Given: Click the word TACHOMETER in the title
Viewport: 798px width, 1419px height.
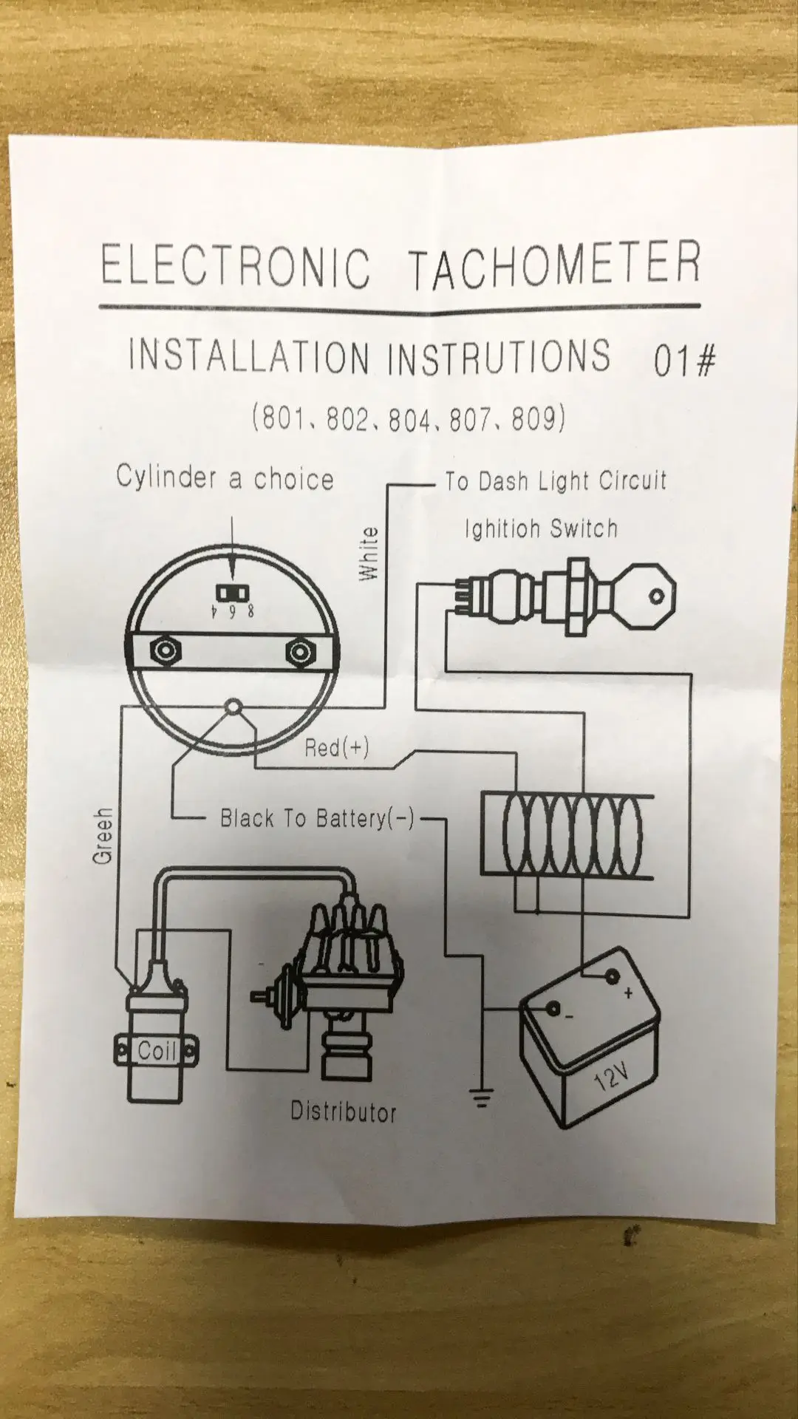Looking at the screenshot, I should pyautogui.click(x=554, y=265).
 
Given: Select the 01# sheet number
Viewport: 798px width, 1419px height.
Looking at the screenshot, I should pyautogui.click(x=684, y=360).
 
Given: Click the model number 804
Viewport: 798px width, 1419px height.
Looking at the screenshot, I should pyautogui.click(x=409, y=419).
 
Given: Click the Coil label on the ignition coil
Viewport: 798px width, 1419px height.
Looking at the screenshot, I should pyautogui.click(x=156, y=1051).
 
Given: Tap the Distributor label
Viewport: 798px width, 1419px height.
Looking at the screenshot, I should pyautogui.click(x=343, y=1112).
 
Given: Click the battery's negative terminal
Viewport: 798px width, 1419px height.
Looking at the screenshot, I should pyautogui.click(x=553, y=1009).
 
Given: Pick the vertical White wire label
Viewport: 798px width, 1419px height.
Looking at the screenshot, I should pyautogui.click(x=368, y=554).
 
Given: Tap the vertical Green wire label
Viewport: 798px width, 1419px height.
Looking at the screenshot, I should pyautogui.click(x=103, y=835).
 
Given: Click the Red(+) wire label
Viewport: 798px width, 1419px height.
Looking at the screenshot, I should pyautogui.click(x=336, y=747).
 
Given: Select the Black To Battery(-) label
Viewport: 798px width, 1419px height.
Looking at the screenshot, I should pyautogui.click(x=317, y=818).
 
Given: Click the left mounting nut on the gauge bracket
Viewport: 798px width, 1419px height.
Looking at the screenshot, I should pyautogui.click(x=164, y=650).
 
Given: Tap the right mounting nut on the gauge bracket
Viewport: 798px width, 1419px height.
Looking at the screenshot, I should pyautogui.click(x=299, y=651).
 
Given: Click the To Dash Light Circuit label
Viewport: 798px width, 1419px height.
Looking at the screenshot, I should pyautogui.click(x=556, y=481).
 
